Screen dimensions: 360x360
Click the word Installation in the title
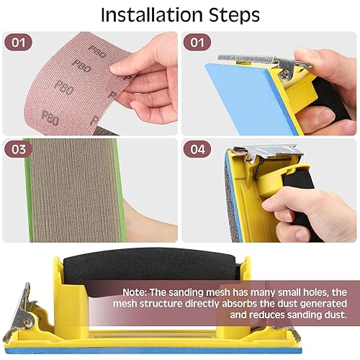[152, 15]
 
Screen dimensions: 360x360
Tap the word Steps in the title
[234, 16]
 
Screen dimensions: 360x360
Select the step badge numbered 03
[18, 149]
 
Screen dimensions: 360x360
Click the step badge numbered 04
[197, 149]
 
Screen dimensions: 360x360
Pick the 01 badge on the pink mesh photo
[18, 42]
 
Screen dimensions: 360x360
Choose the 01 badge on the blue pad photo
[197, 42]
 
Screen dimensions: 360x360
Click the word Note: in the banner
[135, 292]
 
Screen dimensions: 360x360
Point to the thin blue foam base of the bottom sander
[153, 350]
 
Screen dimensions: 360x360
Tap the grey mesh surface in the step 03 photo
[74, 189]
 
